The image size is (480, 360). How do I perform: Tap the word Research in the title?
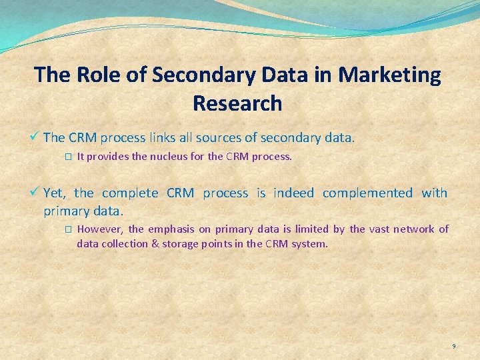237,103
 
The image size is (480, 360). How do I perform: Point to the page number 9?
454,346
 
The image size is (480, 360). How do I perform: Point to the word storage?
182,243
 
